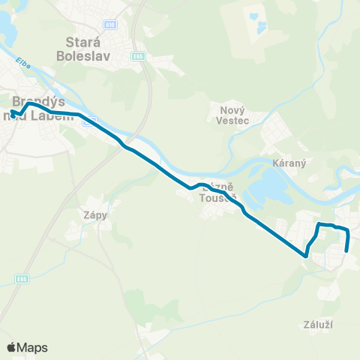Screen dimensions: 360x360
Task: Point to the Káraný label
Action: click(x=286, y=162)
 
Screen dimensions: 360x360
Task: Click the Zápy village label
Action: click(x=95, y=214)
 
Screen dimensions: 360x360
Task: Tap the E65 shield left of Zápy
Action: click(x=22, y=279)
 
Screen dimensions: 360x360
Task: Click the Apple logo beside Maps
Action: click(x=11, y=347)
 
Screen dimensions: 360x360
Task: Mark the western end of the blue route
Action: click(x=11, y=112)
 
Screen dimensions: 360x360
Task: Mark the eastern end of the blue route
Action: click(x=346, y=251)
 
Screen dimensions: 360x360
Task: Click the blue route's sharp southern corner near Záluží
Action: click(x=305, y=256)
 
